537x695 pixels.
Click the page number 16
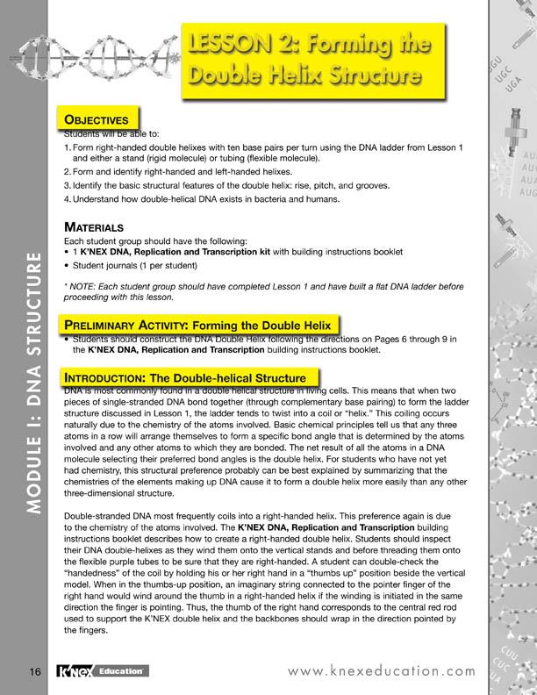click(34, 671)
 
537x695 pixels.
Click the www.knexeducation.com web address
click(379, 671)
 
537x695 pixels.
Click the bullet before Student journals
click(68, 264)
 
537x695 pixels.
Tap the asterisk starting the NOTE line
click(67, 286)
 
